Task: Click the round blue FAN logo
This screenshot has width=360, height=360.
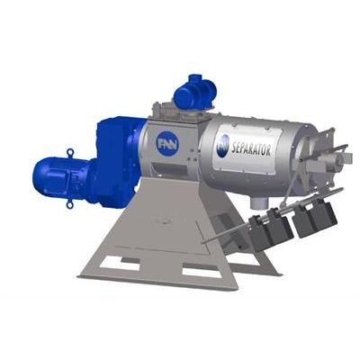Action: point(167,143)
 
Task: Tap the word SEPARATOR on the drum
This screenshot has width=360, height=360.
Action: point(251,148)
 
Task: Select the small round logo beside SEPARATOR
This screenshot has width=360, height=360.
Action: point(222,145)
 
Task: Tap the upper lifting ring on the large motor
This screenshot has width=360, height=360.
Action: point(70,152)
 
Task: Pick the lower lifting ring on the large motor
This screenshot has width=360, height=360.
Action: point(69,204)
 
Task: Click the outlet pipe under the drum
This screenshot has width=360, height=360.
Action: point(257,202)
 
